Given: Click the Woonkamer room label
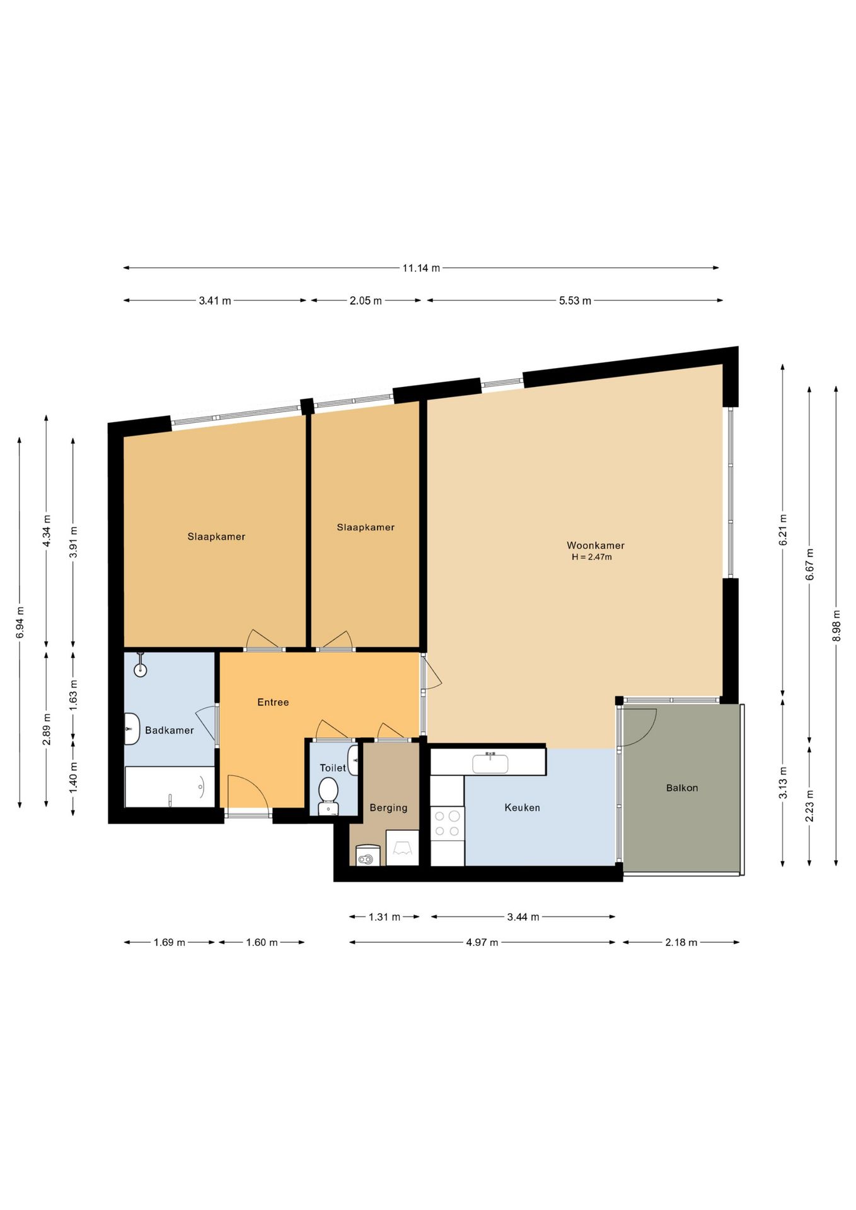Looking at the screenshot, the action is pos(595,545).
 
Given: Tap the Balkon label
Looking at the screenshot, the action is pos(682,788).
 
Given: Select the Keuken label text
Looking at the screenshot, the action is pos(522,807).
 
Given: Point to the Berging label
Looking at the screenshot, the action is pos(388,808).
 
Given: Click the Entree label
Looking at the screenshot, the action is pos(273,702).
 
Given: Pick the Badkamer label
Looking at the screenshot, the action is pos(170,730).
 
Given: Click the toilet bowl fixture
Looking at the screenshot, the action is pos(328,796).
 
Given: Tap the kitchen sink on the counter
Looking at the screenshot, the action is pos(490,763).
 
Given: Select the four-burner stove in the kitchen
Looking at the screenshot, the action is pos(447,824).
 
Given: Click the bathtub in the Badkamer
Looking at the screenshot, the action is pos(170,786).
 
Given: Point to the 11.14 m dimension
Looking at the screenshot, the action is pos(421,268).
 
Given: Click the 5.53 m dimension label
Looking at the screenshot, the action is pos(575,301).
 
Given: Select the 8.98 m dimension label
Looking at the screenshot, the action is pos(836,626).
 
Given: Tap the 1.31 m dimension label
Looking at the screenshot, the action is pos(385,917).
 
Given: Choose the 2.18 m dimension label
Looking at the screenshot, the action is pos(681,942).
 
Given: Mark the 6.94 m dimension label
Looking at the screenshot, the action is pos(20,622).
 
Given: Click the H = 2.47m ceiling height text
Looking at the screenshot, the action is pos(592,557).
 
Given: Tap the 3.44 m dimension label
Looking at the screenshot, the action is pos(523,917).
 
